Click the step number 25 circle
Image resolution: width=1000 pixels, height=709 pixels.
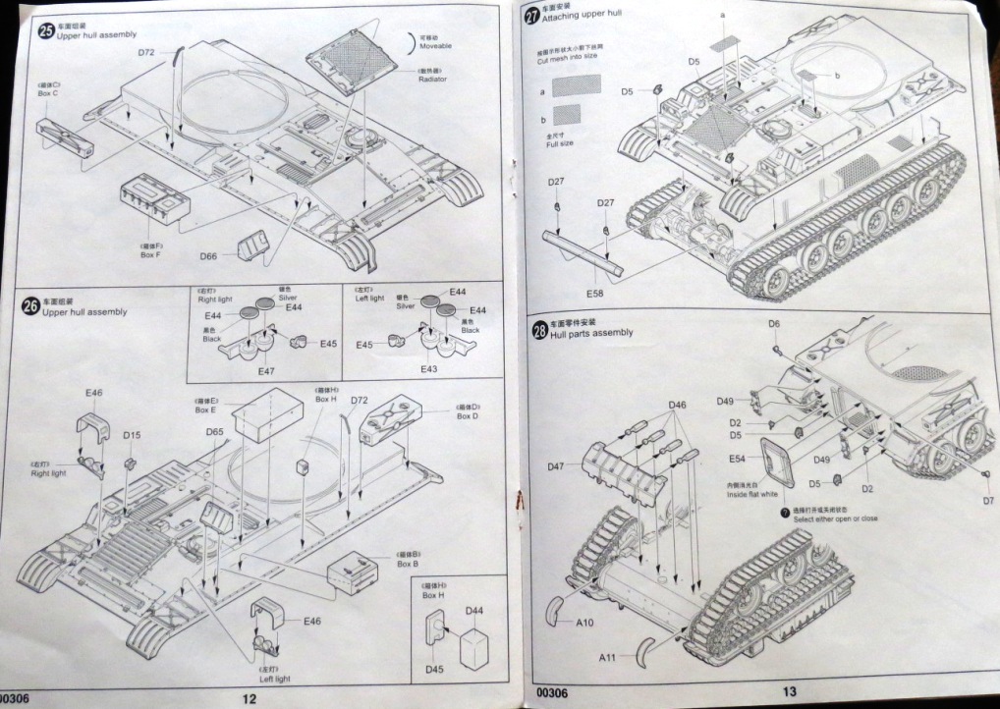pyautogui.click(x=45, y=30)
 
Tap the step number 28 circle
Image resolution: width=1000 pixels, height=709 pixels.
pyautogui.click(x=538, y=331)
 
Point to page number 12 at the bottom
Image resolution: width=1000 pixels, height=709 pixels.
pyautogui.click(x=249, y=698)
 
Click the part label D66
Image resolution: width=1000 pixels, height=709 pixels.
pyautogui.click(x=207, y=255)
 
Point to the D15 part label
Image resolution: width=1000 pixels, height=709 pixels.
pyautogui.click(x=132, y=434)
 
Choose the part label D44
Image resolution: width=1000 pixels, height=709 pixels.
pyautogui.click(x=474, y=610)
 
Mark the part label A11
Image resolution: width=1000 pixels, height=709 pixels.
pyautogui.click(x=609, y=658)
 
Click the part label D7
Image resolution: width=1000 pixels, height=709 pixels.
pyautogui.click(x=987, y=501)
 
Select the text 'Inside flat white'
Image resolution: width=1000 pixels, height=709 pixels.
pyautogui.click(x=751, y=494)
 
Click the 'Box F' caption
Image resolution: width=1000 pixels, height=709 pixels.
pyautogui.click(x=150, y=254)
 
